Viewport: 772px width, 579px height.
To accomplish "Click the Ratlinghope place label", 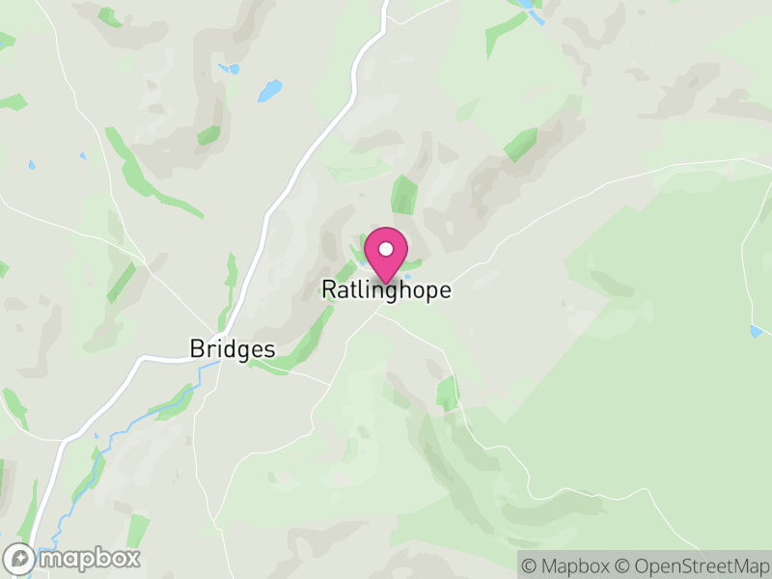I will coord(386,289).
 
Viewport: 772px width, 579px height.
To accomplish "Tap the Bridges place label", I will coord(233,349).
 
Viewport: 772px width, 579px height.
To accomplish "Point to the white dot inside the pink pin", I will coord(386,249).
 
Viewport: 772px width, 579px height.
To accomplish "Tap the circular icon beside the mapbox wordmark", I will coord(20,558).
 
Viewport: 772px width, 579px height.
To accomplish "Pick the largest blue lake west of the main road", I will coord(269,92).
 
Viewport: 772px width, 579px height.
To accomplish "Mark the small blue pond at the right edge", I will coord(756,331).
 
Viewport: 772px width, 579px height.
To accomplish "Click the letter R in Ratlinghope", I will coord(328,289).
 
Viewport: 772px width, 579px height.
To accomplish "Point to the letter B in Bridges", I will coord(197,349).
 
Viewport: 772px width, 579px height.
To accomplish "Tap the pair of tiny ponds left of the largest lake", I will coord(229,69).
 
